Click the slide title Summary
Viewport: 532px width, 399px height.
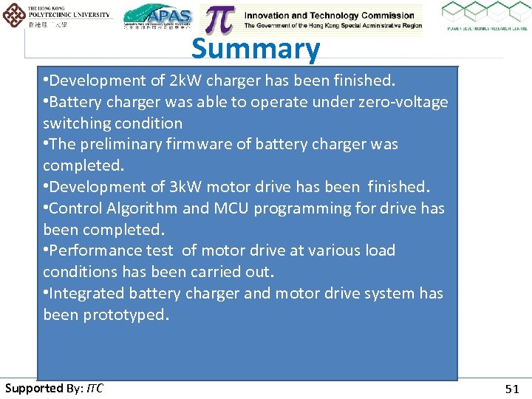(x=256, y=50)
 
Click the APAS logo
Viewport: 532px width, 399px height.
(x=157, y=17)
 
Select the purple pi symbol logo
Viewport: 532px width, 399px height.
(x=219, y=19)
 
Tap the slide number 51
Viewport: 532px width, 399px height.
(x=512, y=389)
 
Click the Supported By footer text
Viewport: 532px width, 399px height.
(x=54, y=388)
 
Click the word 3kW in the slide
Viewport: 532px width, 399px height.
(x=177, y=187)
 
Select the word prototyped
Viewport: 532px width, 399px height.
(x=126, y=315)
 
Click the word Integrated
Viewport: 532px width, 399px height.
(x=87, y=293)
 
